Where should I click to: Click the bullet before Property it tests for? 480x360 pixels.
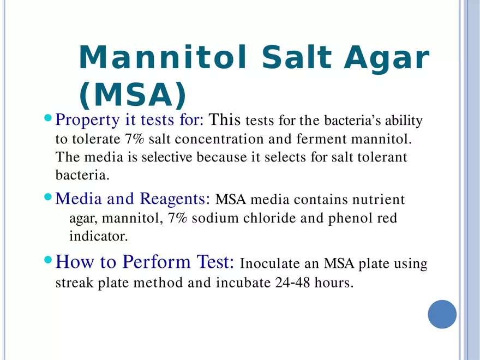(x=47, y=118)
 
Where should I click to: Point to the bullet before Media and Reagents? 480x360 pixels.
(x=47, y=196)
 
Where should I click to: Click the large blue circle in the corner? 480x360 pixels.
(x=442, y=314)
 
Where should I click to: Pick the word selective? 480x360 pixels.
(x=166, y=158)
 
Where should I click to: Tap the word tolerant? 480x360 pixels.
(x=382, y=158)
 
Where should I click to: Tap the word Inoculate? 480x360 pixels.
(x=270, y=265)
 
